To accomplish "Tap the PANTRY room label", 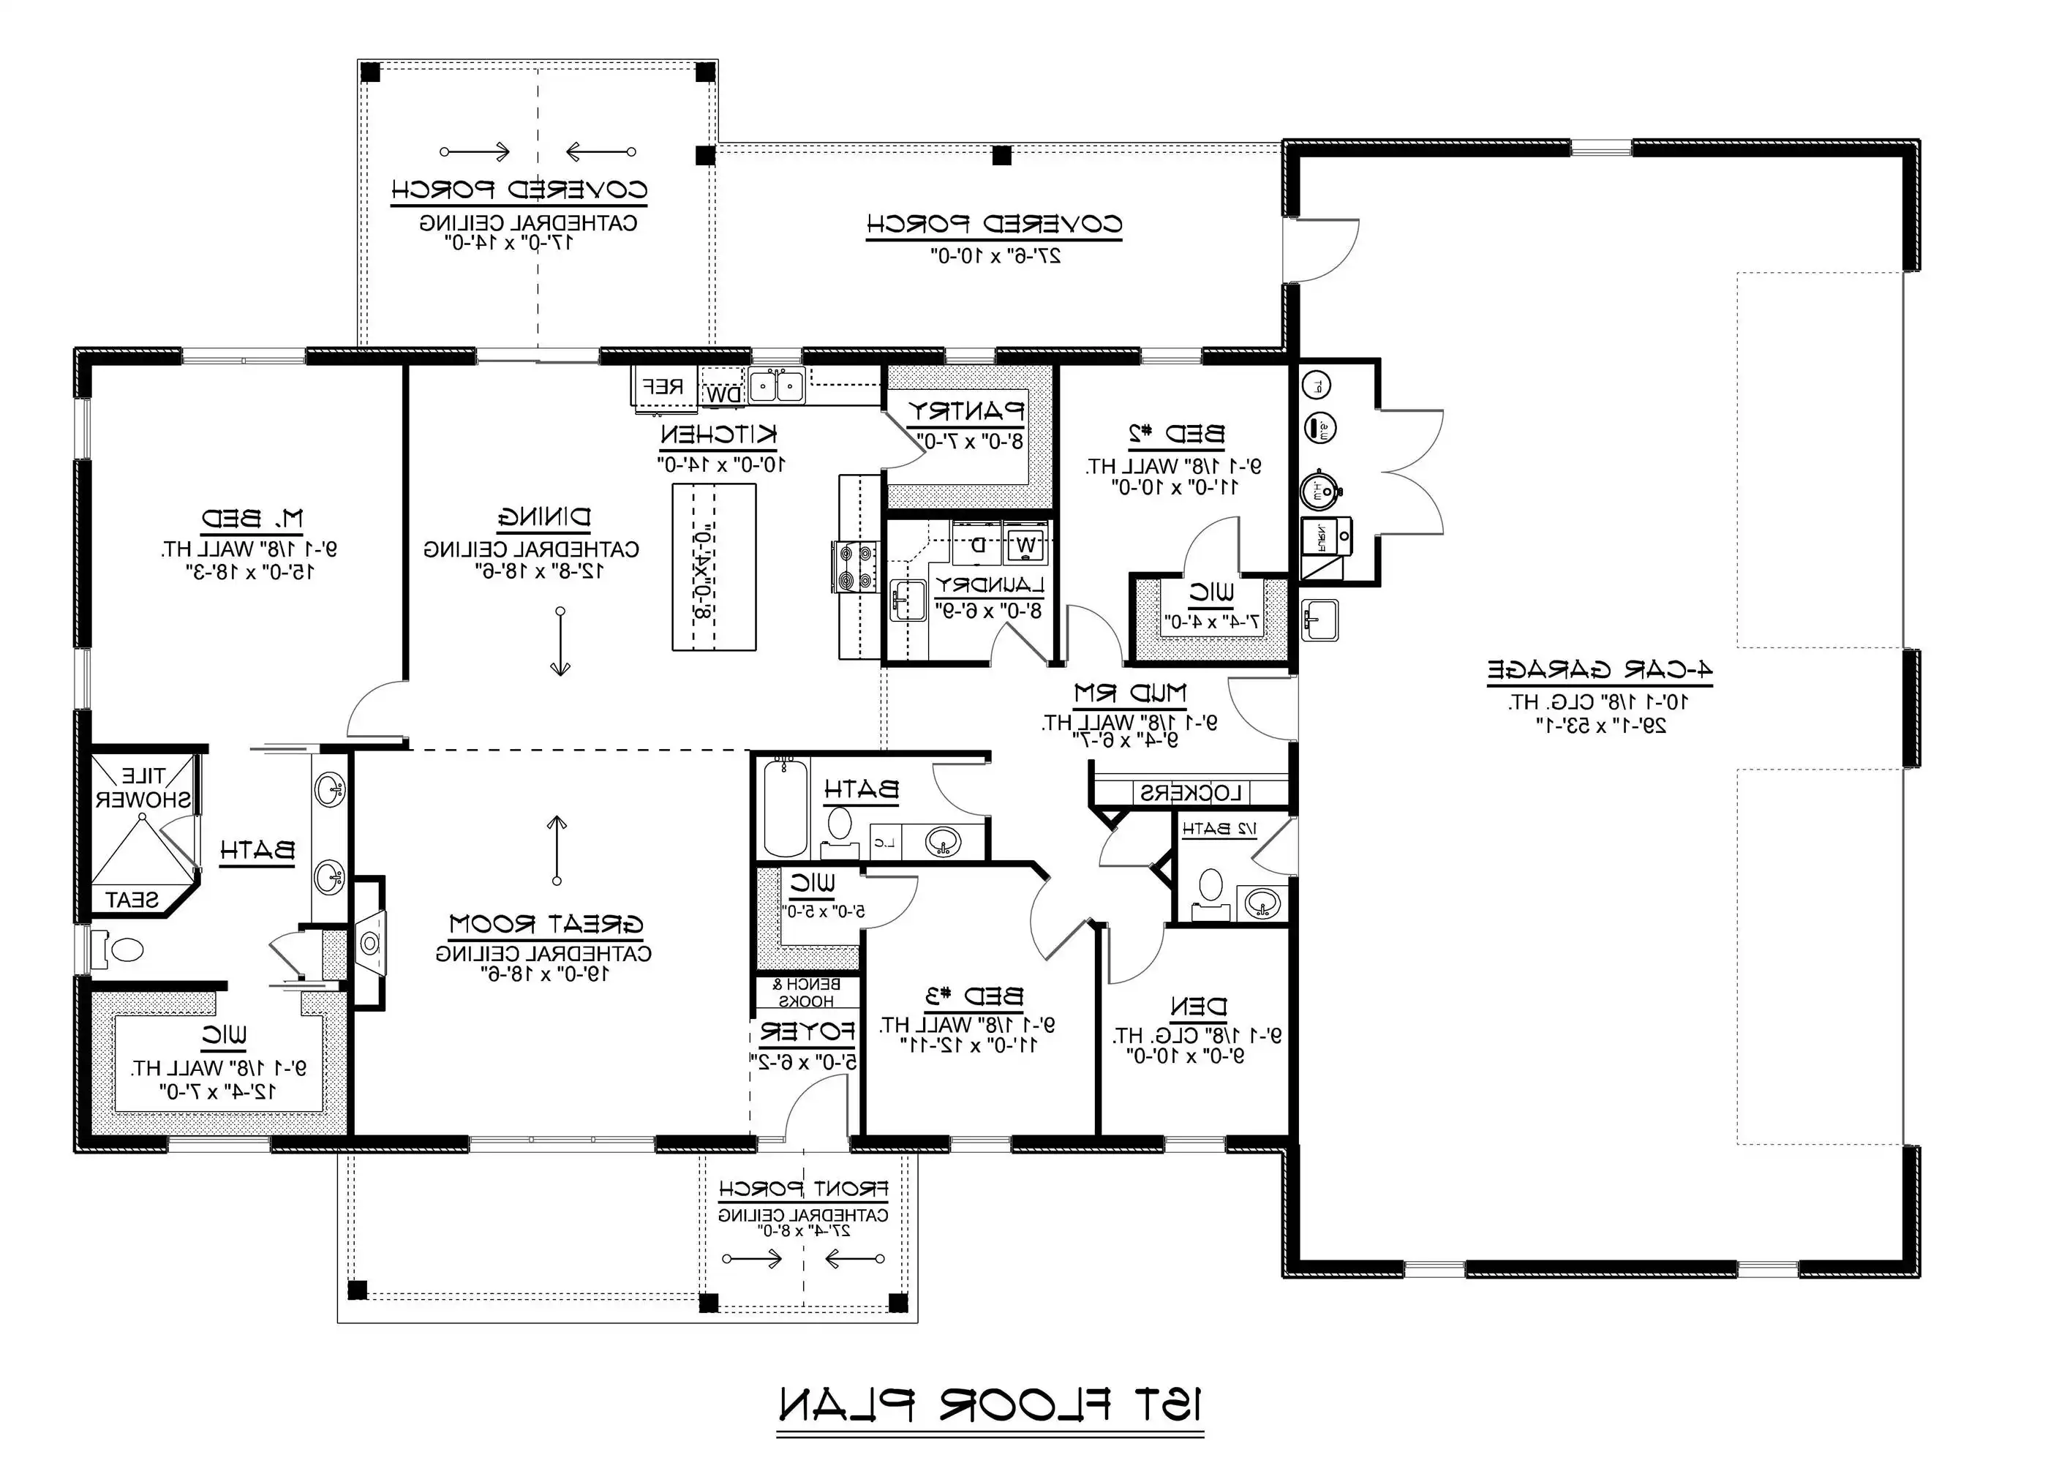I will tap(965, 412).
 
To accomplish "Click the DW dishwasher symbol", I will tap(723, 394).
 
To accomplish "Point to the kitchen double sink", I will tap(776, 386).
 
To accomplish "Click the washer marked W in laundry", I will tap(1025, 544).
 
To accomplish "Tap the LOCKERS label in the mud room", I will tap(1191, 794).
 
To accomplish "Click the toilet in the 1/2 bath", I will tap(1211, 887).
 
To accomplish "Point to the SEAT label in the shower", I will tap(132, 900).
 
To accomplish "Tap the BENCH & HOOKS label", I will tap(807, 993).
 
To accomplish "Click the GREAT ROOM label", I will tap(546, 925).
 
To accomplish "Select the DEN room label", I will tap(1198, 1007).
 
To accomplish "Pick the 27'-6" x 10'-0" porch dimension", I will tap(995, 256).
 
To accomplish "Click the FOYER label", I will tap(806, 1031).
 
